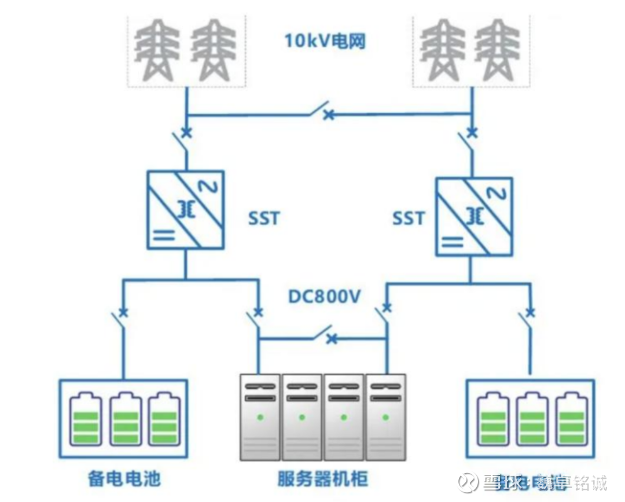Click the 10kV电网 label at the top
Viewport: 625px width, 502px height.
pos(325,41)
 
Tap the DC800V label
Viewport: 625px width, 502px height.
pos(325,296)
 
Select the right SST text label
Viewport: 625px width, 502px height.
pos(408,218)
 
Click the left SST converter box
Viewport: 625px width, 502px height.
pos(185,210)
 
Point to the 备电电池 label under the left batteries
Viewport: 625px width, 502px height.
pos(123,479)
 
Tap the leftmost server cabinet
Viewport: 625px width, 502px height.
pos(260,416)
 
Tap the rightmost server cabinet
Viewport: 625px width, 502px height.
pos(386,416)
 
